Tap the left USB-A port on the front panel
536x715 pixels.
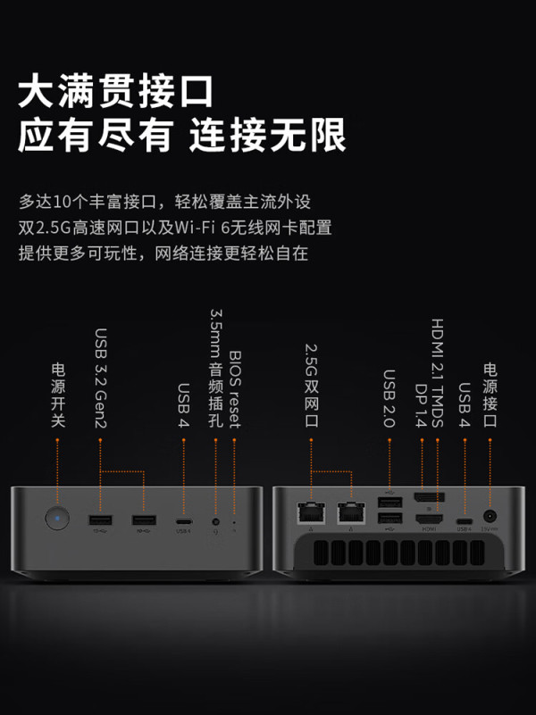(100, 520)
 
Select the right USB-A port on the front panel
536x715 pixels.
(141, 520)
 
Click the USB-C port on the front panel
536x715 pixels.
(183, 520)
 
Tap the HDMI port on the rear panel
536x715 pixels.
(429, 518)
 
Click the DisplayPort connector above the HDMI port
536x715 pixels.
(429, 498)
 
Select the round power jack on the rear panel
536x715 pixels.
(490, 517)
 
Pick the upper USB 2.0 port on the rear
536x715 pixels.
(389, 503)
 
